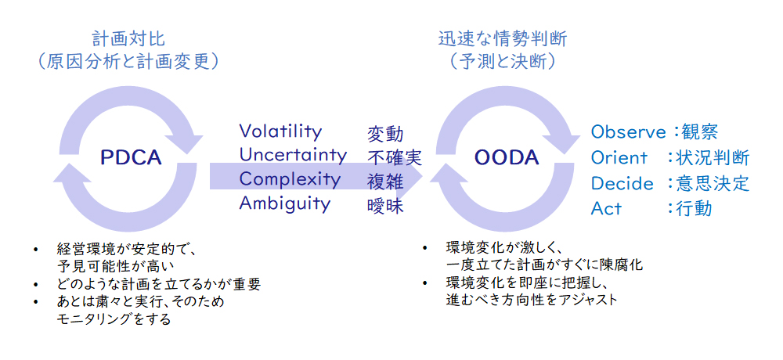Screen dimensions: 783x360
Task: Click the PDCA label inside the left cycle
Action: (132, 158)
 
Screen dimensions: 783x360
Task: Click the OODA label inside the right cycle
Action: (507, 158)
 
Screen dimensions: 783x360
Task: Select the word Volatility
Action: (280, 131)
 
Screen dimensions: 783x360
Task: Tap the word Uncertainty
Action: (293, 155)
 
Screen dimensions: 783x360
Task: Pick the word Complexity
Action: (290, 179)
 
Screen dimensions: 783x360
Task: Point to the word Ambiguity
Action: (285, 203)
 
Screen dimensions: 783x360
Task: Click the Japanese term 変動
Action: (385, 134)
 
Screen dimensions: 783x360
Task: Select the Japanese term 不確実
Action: (395, 158)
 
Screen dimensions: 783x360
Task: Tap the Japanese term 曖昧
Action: (385, 207)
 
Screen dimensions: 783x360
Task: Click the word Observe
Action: (628, 132)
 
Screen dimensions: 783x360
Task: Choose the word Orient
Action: (619, 158)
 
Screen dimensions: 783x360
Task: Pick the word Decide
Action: (622, 184)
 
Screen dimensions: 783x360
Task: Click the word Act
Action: (606, 209)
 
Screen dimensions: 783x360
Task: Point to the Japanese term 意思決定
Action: (713, 183)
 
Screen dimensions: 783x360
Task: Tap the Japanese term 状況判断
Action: (713, 158)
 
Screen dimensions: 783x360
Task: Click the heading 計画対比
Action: (128, 38)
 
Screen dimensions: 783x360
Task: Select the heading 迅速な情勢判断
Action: (503, 38)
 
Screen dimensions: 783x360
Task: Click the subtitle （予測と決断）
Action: (503, 62)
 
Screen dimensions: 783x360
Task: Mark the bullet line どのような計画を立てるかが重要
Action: (159, 284)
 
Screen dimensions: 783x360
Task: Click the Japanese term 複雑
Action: (385, 182)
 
